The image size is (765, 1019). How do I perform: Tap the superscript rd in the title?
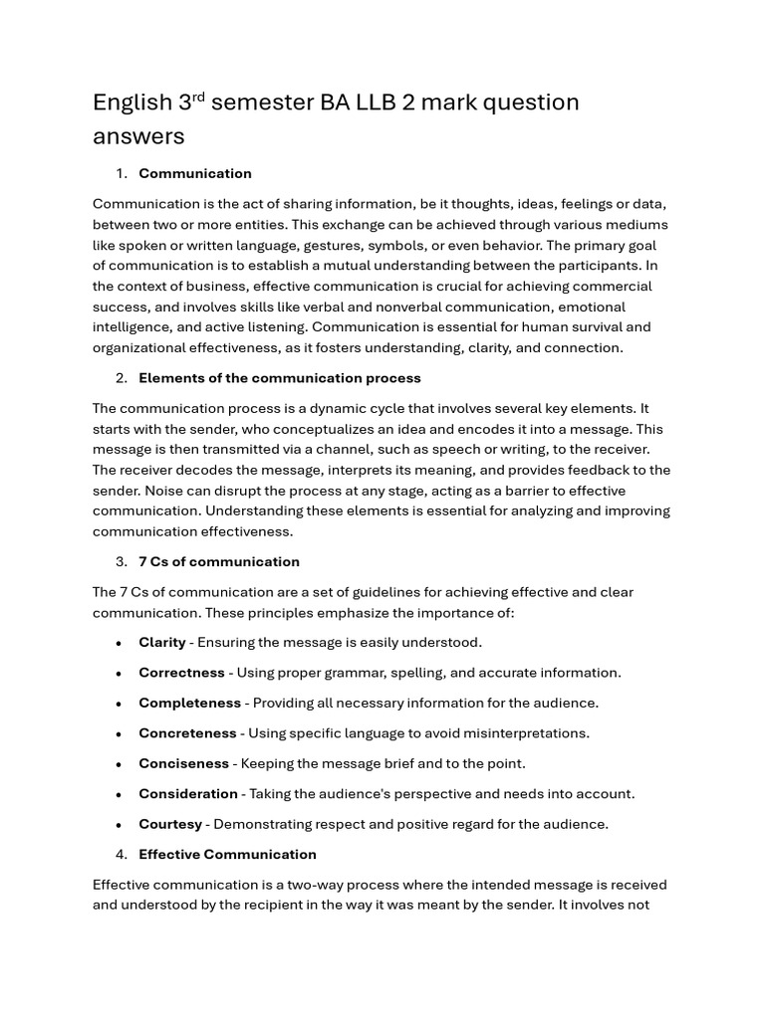pyautogui.click(x=197, y=97)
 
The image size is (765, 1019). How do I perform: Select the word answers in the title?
pyautogui.click(x=138, y=136)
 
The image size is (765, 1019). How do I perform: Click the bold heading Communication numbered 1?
pyautogui.click(x=195, y=174)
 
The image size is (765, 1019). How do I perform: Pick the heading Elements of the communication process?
pyautogui.click(x=280, y=378)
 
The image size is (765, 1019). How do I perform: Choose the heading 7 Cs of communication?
pyautogui.click(x=219, y=562)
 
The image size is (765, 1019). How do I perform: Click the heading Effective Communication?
pyautogui.click(x=227, y=855)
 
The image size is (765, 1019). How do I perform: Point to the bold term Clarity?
pyautogui.click(x=162, y=643)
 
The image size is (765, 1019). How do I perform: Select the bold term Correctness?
pyautogui.click(x=181, y=673)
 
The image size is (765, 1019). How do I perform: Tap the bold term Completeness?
pyautogui.click(x=189, y=704)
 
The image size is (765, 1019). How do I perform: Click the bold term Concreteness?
pyautogui.click(x=187, y=733)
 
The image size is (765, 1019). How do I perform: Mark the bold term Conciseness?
pyautogui.click(x=183, y=764)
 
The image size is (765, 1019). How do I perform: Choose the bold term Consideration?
pyautogui.click(x=188, y=794)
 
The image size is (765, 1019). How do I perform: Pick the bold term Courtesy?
pyautogui.click(x=170, y=825)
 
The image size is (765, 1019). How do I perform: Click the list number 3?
pyautogui.click(x=121, y=562)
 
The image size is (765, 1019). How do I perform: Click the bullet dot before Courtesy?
pyautogui.click(x=118, y=825)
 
